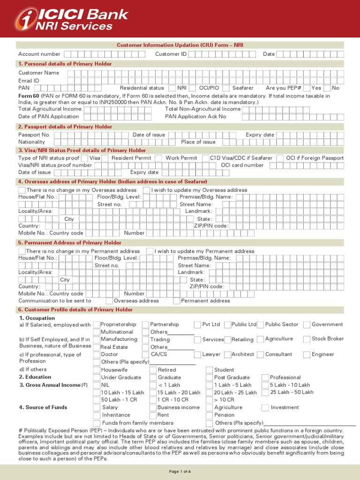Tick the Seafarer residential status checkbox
[226, 88]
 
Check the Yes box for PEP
[306, 88]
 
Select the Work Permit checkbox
[158, 158]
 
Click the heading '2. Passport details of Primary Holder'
[65, 127]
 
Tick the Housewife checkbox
[97, 370]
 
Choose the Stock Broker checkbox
[307, 339]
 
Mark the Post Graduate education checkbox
[210, 377]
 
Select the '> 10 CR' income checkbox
[210, 400]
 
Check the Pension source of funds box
[210, 415]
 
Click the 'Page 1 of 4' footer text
[180, 471]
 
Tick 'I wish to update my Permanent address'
[150, 251]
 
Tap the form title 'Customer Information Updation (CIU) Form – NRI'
[180, 45]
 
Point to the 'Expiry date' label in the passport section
[260, 135]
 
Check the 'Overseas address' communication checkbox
[109, 301]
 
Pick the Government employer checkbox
[307, 324]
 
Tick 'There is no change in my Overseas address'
[22, 190]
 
